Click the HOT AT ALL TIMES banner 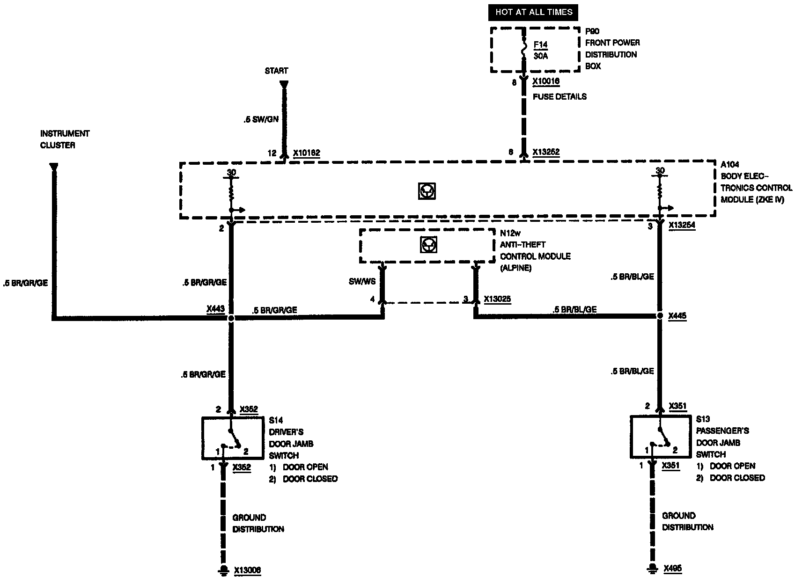tap(534, 12)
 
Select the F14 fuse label tap(540, 45)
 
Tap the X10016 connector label tap(546, 81)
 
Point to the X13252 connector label tap(546, 152)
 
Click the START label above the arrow tap(276, 71)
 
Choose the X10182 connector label tap(307, 153)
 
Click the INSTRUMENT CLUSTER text tap(65, 139)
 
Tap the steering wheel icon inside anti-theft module tap(427, 245)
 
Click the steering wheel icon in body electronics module tap(427, 191)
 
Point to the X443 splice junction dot tap(231, 318)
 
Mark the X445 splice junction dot tap(660, 316)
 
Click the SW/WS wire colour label tap(362, 282)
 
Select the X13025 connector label tap(497, 299)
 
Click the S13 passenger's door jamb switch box tap(661, 437)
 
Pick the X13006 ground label tap(247, 570)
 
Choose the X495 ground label tap(673, 569)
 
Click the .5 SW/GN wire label tap(261, 119)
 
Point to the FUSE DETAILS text tap(559, 97)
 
